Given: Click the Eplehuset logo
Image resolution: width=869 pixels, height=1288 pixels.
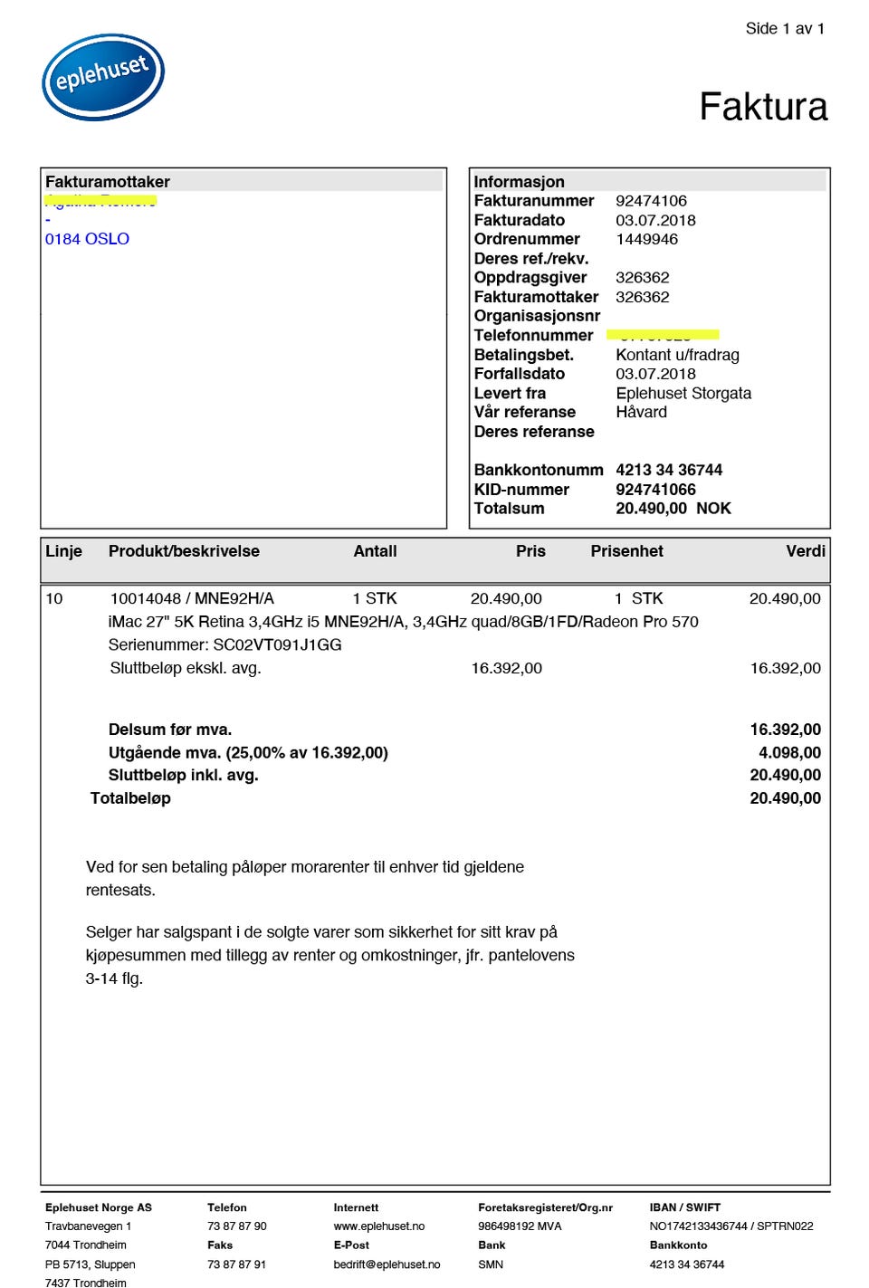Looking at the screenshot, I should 103,77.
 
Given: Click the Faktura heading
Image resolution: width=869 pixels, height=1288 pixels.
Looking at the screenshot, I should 763,107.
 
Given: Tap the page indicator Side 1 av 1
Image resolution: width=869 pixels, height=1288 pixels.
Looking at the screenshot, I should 785,29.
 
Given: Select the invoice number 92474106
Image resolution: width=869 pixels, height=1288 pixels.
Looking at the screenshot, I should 651,201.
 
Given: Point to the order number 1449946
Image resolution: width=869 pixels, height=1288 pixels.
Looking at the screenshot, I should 646,239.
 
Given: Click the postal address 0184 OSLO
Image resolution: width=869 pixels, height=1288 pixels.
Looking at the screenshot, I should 87,239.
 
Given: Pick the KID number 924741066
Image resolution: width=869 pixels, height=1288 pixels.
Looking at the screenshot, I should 655,490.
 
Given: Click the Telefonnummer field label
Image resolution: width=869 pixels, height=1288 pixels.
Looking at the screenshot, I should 533,336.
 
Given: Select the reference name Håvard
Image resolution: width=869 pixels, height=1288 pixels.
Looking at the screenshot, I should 641,412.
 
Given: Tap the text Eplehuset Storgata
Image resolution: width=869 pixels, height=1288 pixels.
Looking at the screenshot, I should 683,393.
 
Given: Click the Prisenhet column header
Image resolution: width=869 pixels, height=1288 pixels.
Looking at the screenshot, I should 626,551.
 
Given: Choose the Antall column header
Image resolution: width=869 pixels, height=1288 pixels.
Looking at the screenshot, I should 375,551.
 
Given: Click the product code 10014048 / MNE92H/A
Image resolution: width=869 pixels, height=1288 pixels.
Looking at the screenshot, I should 192,598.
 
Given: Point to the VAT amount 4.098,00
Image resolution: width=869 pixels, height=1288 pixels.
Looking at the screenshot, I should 789,752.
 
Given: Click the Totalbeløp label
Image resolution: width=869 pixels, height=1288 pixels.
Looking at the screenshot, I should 130,798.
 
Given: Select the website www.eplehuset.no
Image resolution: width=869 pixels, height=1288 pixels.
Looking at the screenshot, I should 378,1226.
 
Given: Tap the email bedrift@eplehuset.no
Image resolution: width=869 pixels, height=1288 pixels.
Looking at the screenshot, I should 387,1264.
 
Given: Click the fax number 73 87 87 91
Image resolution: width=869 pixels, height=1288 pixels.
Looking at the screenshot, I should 236,1264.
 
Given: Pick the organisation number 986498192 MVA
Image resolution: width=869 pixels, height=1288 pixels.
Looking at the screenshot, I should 520,1226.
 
